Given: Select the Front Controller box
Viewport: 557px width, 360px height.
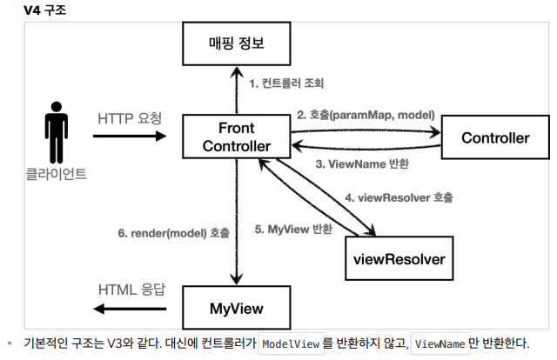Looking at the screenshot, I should coord(236,136).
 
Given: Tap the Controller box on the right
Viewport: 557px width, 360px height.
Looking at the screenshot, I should coord(495,137).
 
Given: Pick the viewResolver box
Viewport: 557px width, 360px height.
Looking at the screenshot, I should coord(399,258).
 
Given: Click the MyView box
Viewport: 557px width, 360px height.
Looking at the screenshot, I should coord(236,308).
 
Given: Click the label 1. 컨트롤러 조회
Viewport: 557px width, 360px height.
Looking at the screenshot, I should coord(287,84).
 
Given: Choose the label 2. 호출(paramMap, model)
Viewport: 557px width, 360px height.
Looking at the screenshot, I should coord(366,114).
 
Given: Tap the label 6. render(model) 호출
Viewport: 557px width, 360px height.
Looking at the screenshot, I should coord(174,233).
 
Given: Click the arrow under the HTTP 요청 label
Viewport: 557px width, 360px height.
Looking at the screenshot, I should coord(129,137).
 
